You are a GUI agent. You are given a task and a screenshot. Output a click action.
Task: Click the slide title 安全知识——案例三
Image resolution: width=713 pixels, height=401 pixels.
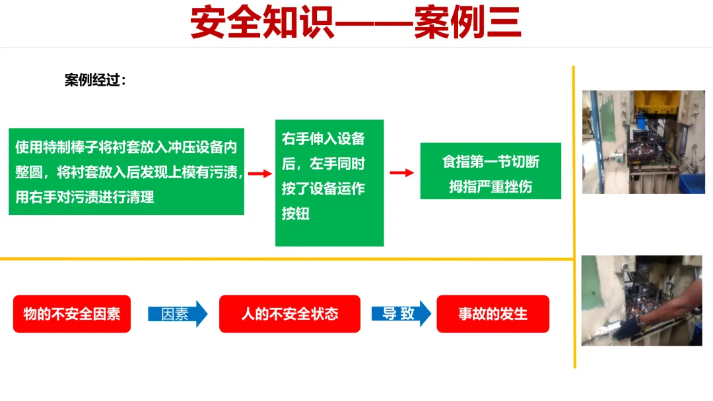(356, 24)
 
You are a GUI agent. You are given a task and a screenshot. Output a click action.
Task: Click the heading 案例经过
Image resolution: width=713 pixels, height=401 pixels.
(95, 80)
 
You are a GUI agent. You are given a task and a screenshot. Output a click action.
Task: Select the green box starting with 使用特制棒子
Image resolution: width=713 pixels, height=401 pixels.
(126, 171)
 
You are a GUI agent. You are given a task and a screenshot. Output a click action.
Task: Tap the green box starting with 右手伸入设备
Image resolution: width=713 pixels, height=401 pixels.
(329, 183)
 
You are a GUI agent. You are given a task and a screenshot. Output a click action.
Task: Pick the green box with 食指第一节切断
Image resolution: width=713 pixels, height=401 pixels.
(491, 171)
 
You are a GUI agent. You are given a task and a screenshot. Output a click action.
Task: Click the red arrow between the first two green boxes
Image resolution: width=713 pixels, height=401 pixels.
(259, 173)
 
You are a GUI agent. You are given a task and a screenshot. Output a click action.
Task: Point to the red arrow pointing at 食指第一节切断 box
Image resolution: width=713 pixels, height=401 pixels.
(401, 173)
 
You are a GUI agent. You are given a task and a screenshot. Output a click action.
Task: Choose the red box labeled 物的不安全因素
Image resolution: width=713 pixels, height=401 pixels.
(72, 314)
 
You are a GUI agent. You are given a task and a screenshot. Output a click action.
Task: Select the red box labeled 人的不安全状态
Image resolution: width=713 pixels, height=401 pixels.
(289, 314)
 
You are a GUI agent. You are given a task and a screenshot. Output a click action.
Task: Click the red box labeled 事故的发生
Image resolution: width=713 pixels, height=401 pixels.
(492, 314)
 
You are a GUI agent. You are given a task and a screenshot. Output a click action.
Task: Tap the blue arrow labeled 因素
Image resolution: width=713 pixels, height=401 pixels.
(177, 314)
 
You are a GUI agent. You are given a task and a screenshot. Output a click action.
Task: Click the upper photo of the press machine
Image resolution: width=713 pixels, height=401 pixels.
(643, 142)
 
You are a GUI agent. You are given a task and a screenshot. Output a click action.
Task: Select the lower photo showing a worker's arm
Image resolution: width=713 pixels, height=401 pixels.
(642, 301)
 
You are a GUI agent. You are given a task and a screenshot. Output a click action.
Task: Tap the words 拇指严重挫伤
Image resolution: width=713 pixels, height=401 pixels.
(491, 187)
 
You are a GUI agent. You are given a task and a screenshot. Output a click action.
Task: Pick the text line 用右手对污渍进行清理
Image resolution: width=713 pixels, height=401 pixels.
(85, 197)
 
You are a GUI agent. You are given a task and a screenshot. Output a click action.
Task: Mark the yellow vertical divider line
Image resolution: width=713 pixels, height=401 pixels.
(574, 218)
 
